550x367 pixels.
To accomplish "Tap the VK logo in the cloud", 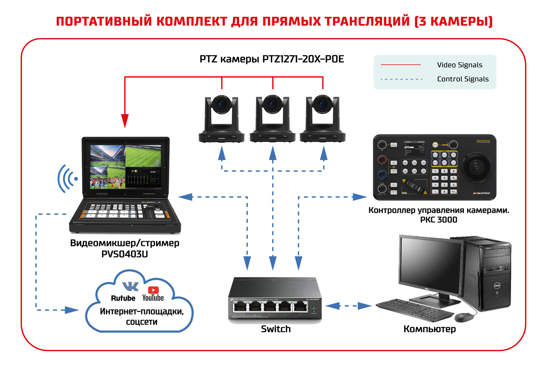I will click(x=130, y=286).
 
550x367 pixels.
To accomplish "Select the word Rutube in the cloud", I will click(x=123, y=298).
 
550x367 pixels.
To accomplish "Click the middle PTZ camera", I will click(x=272, y=118).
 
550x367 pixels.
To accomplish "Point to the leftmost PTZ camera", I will click(x=221, y=118).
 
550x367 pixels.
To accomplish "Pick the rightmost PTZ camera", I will click(x=323, y=118).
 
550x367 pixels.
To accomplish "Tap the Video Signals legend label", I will click(x=459, y=65).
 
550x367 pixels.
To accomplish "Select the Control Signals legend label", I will click(x=463, y=79).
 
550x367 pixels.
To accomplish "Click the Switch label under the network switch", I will click(x=276, y=329).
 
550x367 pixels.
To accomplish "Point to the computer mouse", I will click(x=464, y=317).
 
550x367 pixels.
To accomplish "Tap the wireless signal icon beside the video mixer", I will click(x=67, y=179).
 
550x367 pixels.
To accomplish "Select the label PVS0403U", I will click(x=125, y=254).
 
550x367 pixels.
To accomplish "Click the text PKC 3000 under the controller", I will click(x=439, y=220).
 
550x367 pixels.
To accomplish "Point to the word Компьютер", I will click(x=429, y=329).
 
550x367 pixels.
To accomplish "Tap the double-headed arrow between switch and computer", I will click(x=348, y=306).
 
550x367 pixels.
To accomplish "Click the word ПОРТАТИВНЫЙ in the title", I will click(x=104, y=21).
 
